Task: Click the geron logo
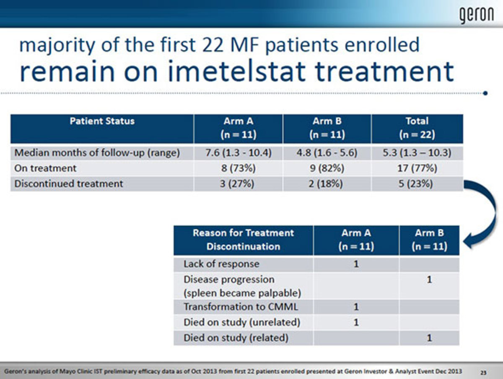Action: pos(476,15)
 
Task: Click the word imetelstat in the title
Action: pos(236,72)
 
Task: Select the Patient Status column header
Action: pos(102,121)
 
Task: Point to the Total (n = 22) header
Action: pos(417,128)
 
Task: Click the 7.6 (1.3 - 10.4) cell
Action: pos(239,153)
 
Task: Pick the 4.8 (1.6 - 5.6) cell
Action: pos(327,153)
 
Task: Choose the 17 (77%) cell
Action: pos(417,168)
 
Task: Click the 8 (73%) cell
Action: pos(239,168)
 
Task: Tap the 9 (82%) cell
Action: pos(327,168)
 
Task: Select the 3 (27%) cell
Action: pos(237,184)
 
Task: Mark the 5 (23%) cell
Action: pos(416,184)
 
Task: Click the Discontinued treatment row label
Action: pos(68,184)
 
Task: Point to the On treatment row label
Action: pos(45,168)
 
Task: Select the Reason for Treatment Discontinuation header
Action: pos(243,240)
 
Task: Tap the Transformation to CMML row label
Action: pos(241,307)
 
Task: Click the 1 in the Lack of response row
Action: pos(356,264)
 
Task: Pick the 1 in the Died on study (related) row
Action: pos(429,338)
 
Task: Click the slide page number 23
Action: pos(483,373)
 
